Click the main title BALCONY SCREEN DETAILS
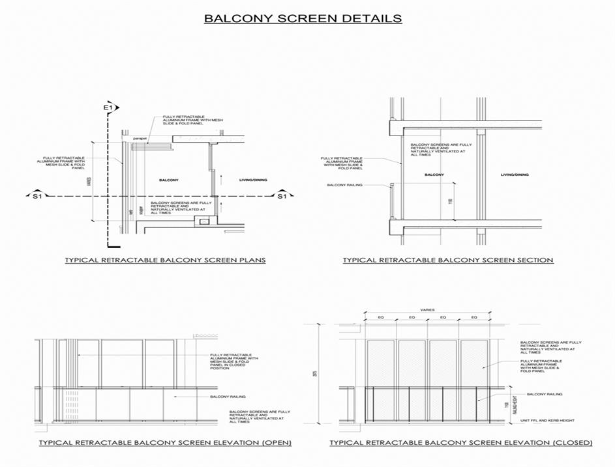coord(303,18)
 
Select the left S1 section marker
coord(37,196)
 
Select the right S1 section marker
coord(282,196)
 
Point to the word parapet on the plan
coord(139,139)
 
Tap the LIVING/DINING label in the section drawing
coord(515,175)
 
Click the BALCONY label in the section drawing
coord(434,175)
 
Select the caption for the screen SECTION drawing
coord(448,260)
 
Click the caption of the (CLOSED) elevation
coord(461,442)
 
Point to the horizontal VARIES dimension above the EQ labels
coord(427,310)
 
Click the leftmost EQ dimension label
coord(381,318)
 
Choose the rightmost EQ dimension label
coord(473,318)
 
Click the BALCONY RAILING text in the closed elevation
coord(544,394)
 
